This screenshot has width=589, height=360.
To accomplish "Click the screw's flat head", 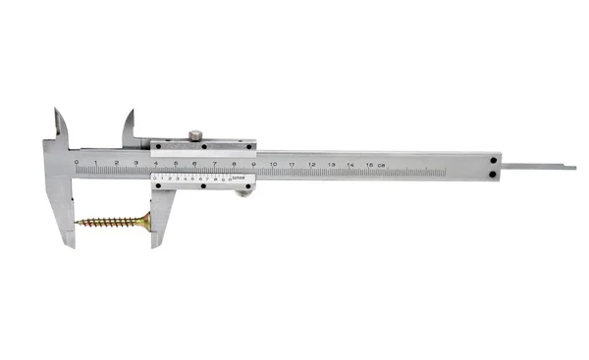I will [146, 223].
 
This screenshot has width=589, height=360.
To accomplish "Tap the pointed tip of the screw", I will [77, 223].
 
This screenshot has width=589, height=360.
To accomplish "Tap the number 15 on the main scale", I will [369, 163].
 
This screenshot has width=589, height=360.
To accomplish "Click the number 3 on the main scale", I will [135, 162].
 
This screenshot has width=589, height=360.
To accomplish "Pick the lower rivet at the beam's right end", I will [492, 175].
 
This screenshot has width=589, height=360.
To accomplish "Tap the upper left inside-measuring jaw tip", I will [58, 110].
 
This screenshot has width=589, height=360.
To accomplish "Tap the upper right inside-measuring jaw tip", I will [131, 111].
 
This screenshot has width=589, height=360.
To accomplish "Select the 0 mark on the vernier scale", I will [157, 179].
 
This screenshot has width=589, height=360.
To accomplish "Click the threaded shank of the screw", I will [108, 223].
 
